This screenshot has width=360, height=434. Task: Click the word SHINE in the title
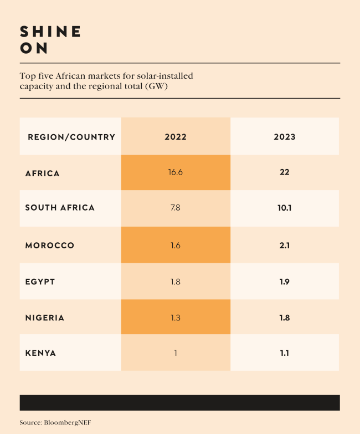tap(50, 32)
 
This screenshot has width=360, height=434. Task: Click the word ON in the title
tap(34, 49)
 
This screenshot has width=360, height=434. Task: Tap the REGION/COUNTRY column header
tap(71, 137)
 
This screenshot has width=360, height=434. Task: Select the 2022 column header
tap(176, 137)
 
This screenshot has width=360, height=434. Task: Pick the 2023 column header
tap(285, 137)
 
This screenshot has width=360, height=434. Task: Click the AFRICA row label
tap(43, 173)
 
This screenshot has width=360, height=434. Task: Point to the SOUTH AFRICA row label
tap(60, 208)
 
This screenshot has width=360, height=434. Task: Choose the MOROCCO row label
tap(50, 246)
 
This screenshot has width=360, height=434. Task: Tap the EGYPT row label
tap(40, 282)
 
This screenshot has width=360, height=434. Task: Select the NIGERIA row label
tap(45, 318)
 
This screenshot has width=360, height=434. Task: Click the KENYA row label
tap(40, 353)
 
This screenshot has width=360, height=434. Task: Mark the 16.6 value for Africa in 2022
tap(176, 172)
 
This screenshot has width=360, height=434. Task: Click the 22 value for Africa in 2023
tap(285, 172)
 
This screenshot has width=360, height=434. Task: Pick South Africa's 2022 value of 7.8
tap(176, 208)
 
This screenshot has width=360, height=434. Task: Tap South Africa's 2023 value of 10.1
tap(285, 208)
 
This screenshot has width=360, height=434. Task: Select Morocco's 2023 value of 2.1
tap(285, 246)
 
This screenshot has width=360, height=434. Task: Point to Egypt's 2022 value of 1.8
tap(176, 282)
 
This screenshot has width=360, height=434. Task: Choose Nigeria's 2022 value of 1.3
tap(176, 318)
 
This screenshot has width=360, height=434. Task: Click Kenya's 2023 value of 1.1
tap(285, 353)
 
